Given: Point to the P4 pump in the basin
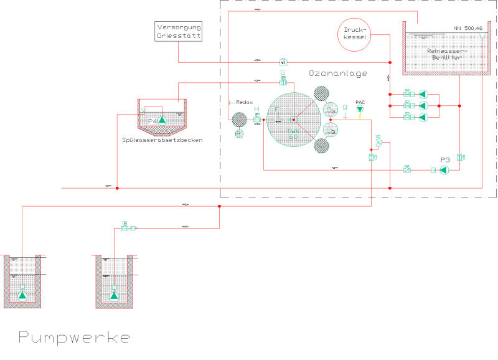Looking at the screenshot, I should tap(161, 120).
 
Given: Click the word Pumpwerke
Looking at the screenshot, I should tap(74, 338).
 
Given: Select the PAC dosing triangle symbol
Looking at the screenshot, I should tap(360, 110).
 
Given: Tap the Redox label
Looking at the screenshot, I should tap(242, 102).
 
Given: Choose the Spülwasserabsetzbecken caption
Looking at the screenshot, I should tap(162, 140).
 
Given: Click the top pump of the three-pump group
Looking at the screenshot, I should tap(423, 94).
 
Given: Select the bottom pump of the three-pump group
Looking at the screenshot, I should tap(423, 117).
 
